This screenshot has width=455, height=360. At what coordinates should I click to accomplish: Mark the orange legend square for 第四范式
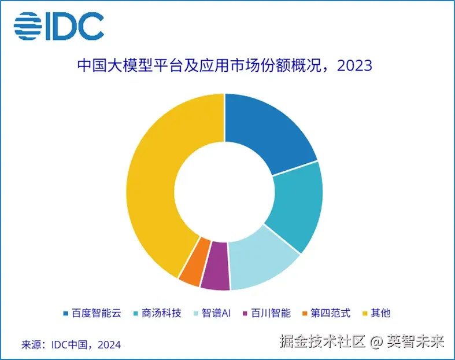click(305, 313)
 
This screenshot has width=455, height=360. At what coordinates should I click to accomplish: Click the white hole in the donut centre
click(224, 191)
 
